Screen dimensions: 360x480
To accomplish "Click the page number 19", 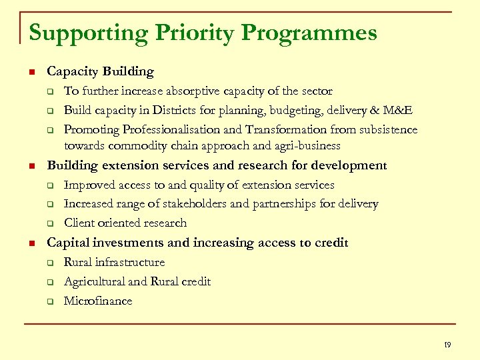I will coord(447,345).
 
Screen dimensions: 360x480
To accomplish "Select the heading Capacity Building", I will coord(100,71).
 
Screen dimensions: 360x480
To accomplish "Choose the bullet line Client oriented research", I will coord(125,223).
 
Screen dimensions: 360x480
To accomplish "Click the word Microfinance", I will coord(98,301).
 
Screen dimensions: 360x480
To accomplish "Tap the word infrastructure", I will coord(130,262).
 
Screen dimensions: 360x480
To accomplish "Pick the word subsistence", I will coord(381,129).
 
